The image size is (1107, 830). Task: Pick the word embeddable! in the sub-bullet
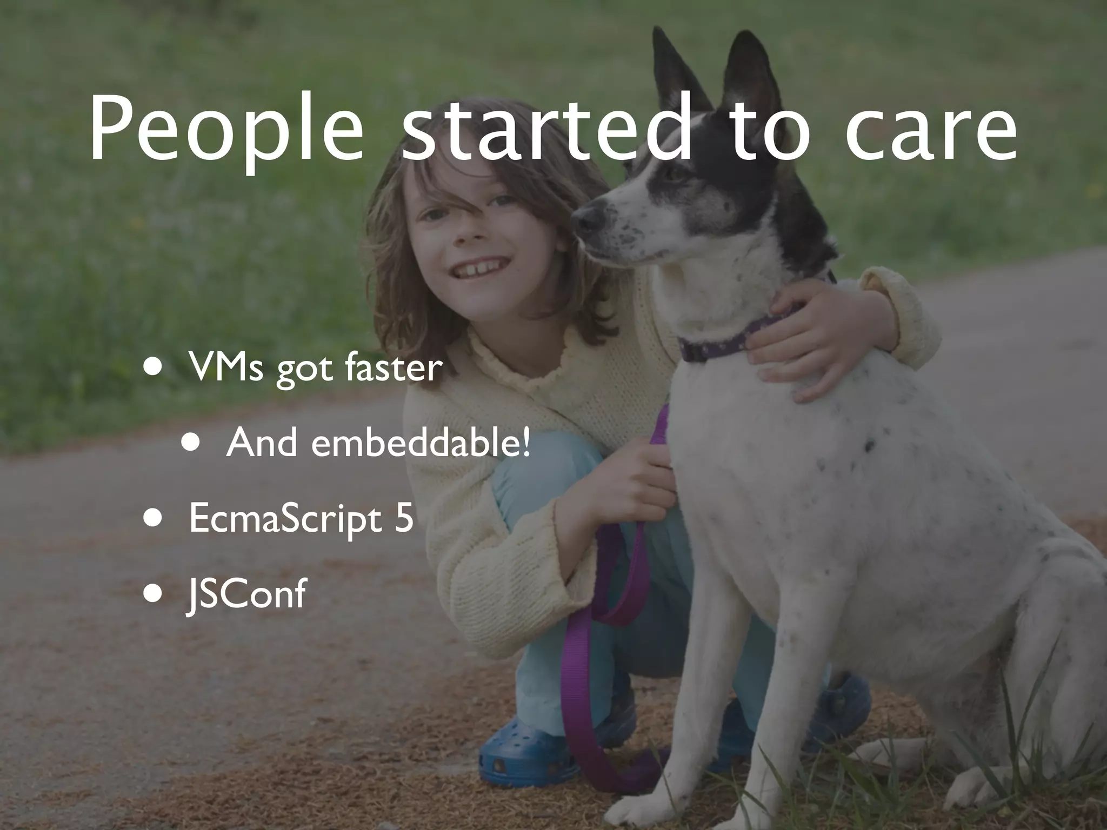click(421, 443)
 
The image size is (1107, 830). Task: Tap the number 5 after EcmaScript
click(403, 518)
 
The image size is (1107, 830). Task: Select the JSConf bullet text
click(246, 594)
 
